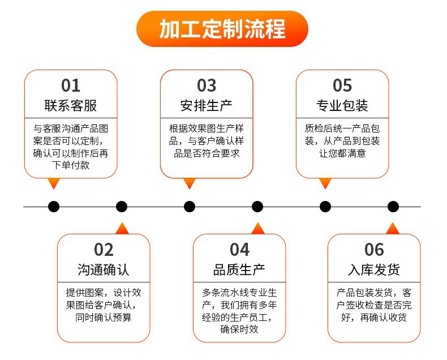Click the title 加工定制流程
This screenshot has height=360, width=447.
222,29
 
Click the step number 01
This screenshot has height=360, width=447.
71,85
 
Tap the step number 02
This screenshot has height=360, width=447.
104,250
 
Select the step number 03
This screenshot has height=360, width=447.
207,85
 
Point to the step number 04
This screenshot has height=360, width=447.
239,250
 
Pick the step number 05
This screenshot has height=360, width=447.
342,85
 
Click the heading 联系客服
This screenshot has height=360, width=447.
71,106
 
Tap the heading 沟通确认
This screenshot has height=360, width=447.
104,269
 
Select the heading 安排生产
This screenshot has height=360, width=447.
207,106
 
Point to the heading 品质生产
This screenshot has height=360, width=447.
239,269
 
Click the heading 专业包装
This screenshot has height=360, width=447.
342,106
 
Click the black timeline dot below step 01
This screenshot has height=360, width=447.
54,207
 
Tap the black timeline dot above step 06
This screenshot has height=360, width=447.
393,207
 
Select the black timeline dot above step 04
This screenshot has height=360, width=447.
257,207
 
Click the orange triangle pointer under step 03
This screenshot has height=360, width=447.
190,183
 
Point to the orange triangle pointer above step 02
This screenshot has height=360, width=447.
122,228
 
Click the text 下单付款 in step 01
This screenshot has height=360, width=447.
71,166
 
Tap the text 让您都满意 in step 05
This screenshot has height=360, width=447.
342,153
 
